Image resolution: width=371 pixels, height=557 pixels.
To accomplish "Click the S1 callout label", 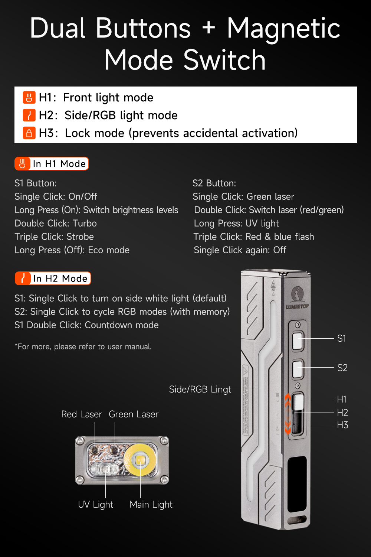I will point(341,338).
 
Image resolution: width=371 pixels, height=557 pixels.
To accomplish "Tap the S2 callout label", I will point(342,368).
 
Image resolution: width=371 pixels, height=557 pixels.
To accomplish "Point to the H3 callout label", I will point(342,425).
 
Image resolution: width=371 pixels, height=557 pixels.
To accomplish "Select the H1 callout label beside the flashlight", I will point(341,399).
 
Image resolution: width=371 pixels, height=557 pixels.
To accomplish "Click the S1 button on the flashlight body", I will point(298,341).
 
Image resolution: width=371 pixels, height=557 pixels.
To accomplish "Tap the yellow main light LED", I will point(140,460).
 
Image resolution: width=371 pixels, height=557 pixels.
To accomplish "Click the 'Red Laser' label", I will point(82,414).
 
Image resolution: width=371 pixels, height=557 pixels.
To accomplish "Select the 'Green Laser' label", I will point(134,414).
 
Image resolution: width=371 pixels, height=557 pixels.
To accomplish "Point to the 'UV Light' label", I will point(95,504).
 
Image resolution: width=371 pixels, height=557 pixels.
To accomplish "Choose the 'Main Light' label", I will point(151,504).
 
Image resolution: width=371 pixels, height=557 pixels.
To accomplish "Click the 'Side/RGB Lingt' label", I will point(200,389).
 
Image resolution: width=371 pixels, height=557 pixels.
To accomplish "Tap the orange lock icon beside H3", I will point(29,133).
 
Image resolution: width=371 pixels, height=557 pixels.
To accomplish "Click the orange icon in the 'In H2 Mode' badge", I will point(23,278).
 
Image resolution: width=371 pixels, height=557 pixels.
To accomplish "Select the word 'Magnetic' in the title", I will point(283,28).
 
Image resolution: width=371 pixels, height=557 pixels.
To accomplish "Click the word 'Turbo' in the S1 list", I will point(85,223).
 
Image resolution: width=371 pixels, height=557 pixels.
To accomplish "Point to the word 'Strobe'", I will point(80,237).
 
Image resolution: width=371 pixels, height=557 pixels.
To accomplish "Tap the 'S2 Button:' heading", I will point(214,183).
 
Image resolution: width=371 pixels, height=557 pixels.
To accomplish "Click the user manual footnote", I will point(83,346).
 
